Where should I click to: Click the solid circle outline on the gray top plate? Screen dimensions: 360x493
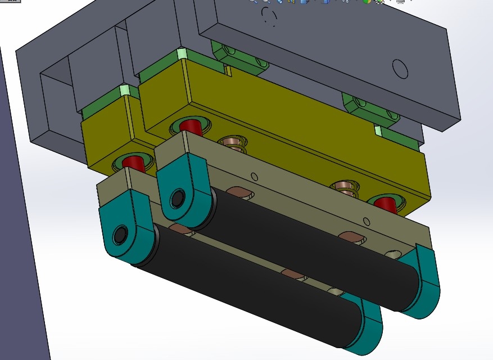(x=400, y=69)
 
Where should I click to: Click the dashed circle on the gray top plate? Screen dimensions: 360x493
(x=270, y=17)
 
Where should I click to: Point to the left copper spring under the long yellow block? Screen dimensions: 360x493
(x=232, y=143)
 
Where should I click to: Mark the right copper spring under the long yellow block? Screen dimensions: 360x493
(x=345, y=188)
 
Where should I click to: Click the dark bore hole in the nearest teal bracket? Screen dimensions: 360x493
(x=120, y=236)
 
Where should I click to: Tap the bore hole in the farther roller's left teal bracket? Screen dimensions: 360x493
(x=178, y=198)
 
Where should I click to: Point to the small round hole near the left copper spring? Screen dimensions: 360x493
(x=255, y=175)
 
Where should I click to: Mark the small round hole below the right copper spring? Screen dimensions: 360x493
(x=367, y=220)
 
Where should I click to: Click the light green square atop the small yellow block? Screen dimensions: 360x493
(x=125, y=91)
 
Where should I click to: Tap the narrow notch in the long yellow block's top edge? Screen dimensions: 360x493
(x=229, y=71)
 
